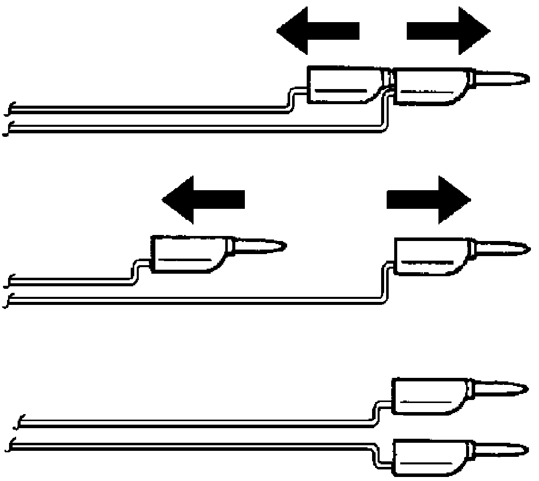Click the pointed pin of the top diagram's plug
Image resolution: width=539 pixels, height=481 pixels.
[x=503, y=78]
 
